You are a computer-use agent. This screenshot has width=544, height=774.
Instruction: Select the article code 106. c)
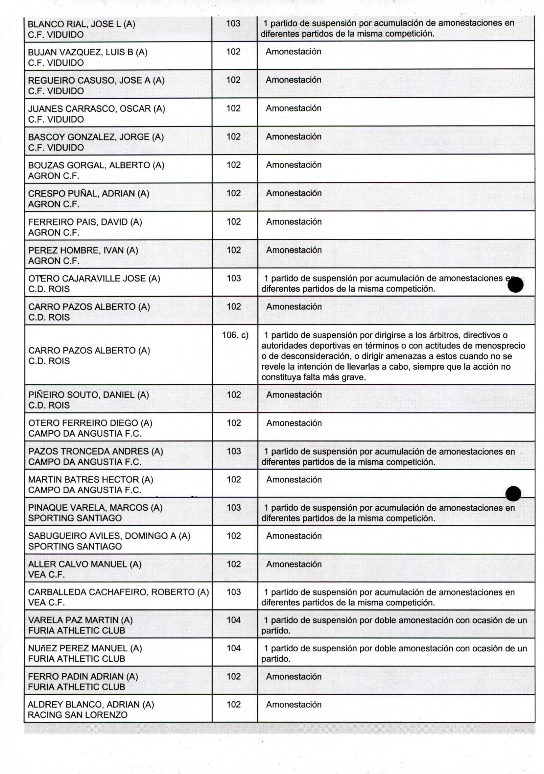pyautogui.click(x=235, y=335)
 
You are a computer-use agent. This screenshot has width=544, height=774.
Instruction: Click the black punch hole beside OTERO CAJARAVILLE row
pyautogui.click(x=515, y=285)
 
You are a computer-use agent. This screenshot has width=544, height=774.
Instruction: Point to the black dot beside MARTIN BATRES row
pyautogui.click(x=513, y=494)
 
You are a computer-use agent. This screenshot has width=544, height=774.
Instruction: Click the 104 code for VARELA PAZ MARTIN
pyautogui.click(x=234, y=619)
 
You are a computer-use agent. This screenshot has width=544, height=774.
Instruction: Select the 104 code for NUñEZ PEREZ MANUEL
pyautogui.click(x=234, y=648)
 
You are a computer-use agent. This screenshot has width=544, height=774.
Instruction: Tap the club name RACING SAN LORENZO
pyautogui.click(x=78, y=715)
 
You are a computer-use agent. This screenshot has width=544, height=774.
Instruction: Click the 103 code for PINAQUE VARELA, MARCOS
pyautogui.click(x=234, y=507)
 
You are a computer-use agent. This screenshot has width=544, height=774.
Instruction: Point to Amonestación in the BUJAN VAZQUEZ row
pyautogui.click(x=293, y=52)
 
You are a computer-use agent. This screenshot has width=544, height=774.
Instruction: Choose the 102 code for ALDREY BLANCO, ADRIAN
pyautogui.click(x=234, y=704)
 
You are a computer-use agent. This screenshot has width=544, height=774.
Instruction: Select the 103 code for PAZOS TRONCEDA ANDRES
pyautogui.click(x=234, y=451)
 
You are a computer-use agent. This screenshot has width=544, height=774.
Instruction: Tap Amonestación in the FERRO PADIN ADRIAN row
pyautogui.click(x=293, y=676)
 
